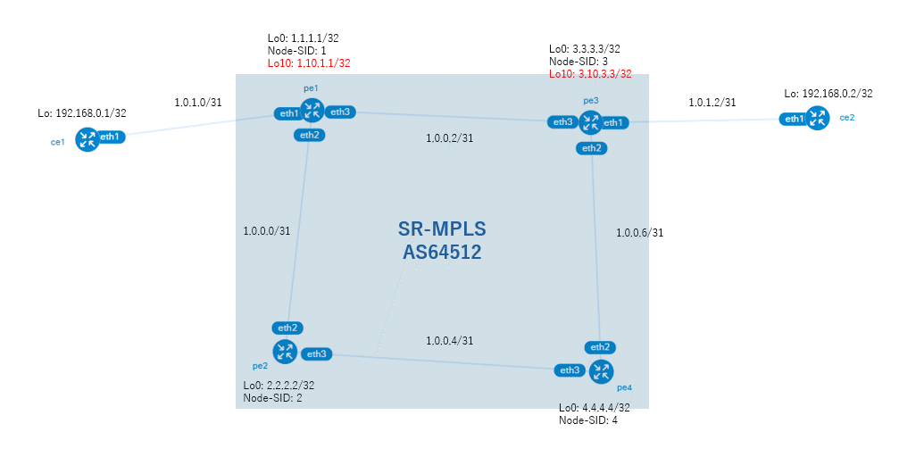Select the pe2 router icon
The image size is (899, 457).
click(x=285, y=352)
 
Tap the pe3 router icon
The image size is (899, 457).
click(x=590, y=122)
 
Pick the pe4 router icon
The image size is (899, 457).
click(x=602, y=371)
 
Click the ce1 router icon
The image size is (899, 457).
click(x=87, y=139)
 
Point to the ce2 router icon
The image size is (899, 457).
click(x=818, y=119)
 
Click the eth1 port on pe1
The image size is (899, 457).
click(x=288, y=113)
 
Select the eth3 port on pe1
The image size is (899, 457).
click(x=340, y=112)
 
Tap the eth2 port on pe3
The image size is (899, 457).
click(x=592, y=148)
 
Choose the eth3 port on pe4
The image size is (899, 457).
click(x=570, y=370)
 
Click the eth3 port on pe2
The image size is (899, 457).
click(x=317, y=354)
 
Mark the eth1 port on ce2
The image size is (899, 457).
click(x=794, y=120)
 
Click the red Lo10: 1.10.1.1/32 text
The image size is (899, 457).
click(x=309, y=63)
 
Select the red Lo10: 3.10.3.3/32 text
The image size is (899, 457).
click(x=590, y=74)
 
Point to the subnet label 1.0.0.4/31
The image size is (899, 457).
click(x=450, y=341)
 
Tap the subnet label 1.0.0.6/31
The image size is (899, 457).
click(x=640, y=233)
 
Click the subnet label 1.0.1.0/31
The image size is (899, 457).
click(x=198, y=103)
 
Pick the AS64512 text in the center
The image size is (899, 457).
click(x=442, y=253)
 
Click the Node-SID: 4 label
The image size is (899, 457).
click(x=588, y=420)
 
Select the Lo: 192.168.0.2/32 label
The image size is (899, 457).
click(x=828, y=94)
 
